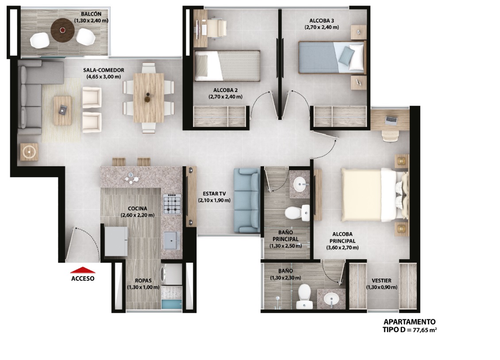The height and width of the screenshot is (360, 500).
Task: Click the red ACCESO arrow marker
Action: click(83, 270)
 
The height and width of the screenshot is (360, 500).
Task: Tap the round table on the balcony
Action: click(62, 30)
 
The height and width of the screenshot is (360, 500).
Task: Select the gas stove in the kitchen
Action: click(172, 204)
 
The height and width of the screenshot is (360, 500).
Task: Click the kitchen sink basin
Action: click(172, 241)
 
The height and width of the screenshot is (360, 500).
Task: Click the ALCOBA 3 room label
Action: click(321, 21)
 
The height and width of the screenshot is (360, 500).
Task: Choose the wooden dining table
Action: click(149, 97)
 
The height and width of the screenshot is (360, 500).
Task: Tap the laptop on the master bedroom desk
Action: click(391, 120)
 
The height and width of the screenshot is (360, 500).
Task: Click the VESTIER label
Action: click(381, 281)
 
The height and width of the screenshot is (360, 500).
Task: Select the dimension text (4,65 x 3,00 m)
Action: click(104, 77)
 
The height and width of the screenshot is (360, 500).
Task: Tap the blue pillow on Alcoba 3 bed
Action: click(346, 55)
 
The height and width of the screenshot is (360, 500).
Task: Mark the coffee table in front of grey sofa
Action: click(62, 110)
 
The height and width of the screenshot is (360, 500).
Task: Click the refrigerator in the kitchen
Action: click(116, 241)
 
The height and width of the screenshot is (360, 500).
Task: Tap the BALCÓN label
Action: click(91, 14)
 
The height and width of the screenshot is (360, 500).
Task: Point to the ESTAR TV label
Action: click(214, 194)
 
